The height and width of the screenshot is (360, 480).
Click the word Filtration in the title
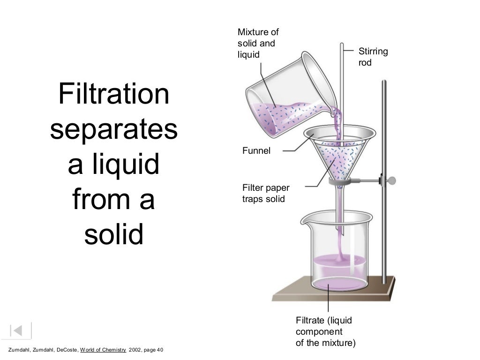[x=113, y=94]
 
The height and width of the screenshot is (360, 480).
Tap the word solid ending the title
[x=113, y=235]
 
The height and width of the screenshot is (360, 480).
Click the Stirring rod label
[x=373, y=56]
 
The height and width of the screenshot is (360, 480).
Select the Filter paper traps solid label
[x=266, y=193]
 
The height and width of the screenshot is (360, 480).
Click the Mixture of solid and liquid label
[x=258, y=44]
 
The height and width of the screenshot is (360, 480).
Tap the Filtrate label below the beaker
[x=325, y=331]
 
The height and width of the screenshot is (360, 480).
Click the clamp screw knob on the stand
[x=392, y=180]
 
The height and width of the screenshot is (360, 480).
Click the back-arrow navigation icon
[x=17, y=330]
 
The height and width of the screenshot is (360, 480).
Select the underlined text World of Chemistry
[x=103, y=350]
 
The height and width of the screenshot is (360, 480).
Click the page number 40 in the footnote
[x=159, y=350]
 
